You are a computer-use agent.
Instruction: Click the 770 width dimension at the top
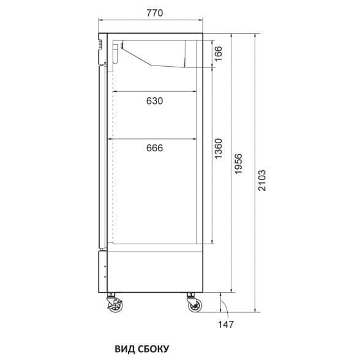[x=155, y=13]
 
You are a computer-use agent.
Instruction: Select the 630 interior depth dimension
[x=154, y=101]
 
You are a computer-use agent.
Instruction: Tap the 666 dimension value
[x=154, y=148]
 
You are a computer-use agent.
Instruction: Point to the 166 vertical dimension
[x=219, y=54]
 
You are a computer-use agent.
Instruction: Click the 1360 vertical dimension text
[x=219, y=149]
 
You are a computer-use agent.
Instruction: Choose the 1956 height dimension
[x=238, y=163]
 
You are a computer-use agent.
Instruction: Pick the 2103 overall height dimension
[x=262, y=181]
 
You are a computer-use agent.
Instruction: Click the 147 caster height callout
[x=226, y=324]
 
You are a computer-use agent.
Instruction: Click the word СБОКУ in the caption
[x=154, y=349]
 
